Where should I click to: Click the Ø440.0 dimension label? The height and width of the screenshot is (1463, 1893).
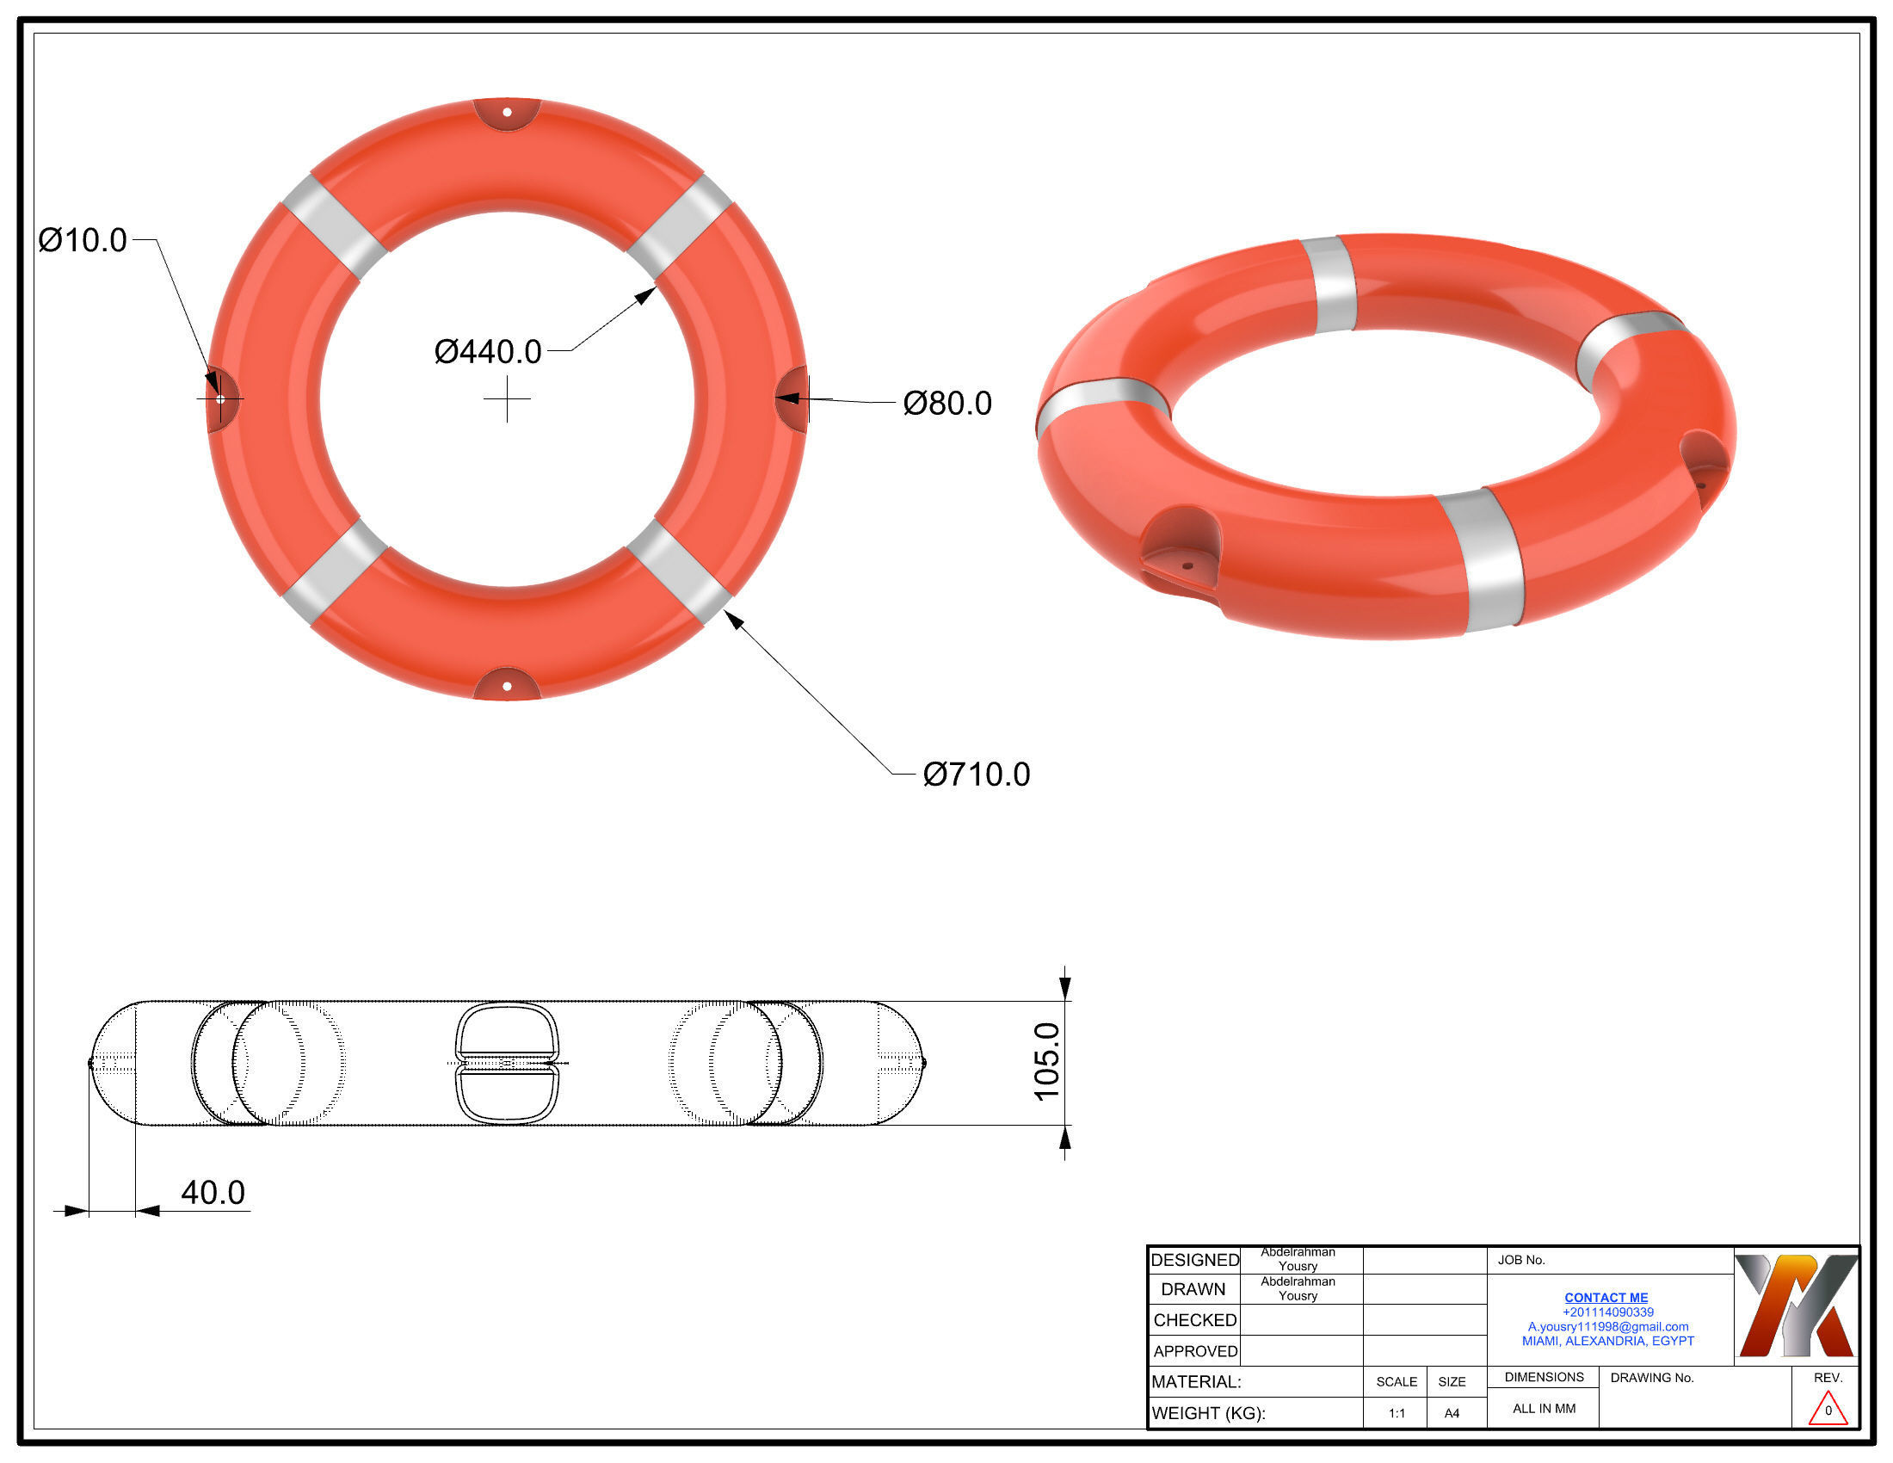pos(487,352)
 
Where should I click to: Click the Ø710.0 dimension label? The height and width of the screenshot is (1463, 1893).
pos(976,775)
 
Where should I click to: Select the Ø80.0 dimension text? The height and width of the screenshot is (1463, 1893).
pos(946,404)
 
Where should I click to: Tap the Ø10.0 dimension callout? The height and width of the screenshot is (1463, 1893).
pos(83,240)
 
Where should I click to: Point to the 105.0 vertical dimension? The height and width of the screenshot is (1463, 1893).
pos(1047,1062)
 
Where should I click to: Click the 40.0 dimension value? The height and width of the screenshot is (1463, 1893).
pos(213,1193)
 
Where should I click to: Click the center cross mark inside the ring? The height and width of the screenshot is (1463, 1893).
pos(507,399)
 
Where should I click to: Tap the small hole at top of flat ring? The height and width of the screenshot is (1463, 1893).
pos(507,113)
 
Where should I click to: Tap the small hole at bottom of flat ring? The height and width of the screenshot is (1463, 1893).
pos(507,687)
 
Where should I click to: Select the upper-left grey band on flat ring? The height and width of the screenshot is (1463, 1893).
pos(334,227)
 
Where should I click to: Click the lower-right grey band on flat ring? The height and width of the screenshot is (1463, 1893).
pos(681,572)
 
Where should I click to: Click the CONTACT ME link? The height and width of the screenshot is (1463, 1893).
pos(1606,1298)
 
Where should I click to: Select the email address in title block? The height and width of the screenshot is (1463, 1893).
pos(1608,1327)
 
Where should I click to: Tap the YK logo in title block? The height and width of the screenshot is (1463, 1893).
pos(1796,1306)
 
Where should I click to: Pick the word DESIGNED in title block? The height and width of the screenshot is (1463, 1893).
pos(1194,1260)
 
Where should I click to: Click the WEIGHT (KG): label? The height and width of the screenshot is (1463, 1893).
pos(1208,1414)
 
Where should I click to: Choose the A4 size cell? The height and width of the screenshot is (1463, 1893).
pos(1452,1414)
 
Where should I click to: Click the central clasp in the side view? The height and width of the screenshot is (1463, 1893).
pos(507,1063)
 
